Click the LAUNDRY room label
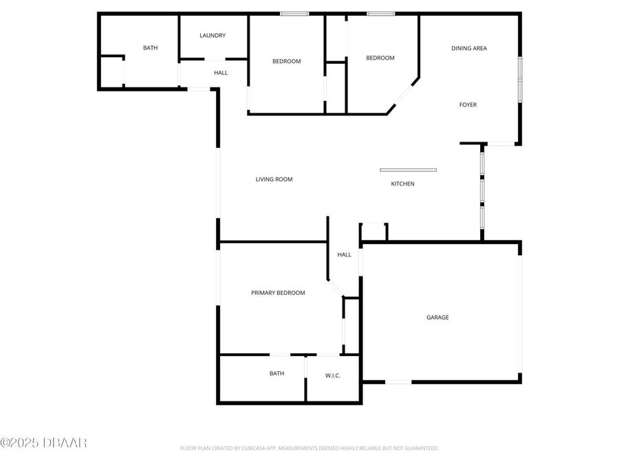[x=213, y=36]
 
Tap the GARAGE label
[x=437, y=318]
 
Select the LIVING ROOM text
[x=274, y=179]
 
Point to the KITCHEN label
[x=403, y=184]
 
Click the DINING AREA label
[x=469, y=48]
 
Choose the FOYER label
[x=468, y=105]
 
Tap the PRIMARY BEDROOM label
[x=278, y=293]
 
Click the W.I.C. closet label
[x=333, y=375]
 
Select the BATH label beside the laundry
[x=150, y=48]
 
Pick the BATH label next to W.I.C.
[x=276, y=373]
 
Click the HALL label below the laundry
[x=221, y=73]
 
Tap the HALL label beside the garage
[x=345, y=254]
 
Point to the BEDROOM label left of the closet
[x=287, y=61]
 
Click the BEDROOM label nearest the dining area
[x=380, y=58]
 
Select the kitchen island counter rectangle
[x=408, y=170]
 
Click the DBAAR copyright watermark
[x=43, y=443]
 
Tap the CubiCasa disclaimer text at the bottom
[x=309, y=448]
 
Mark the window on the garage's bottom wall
[x=398, y=382]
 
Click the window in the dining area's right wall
[x=520, y=78]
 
